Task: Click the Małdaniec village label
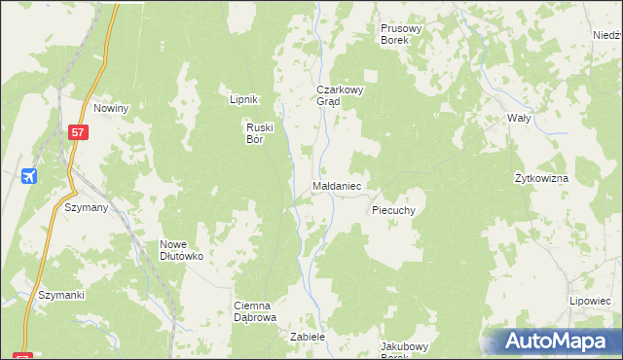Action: pos(338,184)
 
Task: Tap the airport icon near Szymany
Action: pos(29,176)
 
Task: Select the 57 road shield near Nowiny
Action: pos(78,130)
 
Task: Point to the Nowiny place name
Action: pos(112,108)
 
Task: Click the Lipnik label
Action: pos(242,100)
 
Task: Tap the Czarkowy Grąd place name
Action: pos(339,94)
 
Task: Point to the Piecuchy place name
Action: pos(394,210)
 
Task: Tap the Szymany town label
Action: pos(86,208)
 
